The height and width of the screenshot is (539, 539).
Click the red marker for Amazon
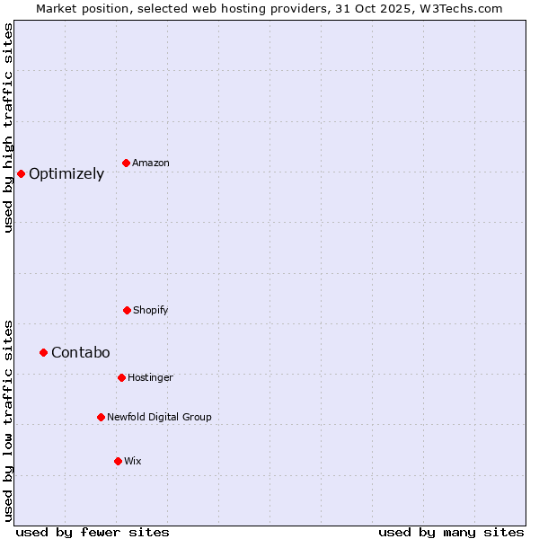[127, 163]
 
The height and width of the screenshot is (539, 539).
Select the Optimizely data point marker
[21, 173]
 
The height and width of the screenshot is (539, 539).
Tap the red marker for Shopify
[127, 310]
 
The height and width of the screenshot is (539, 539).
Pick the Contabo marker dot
[43, 352]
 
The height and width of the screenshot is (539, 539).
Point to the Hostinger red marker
[121, 377]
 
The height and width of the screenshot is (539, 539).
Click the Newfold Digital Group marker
[101, 417]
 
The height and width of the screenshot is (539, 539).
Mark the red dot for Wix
[118, 461]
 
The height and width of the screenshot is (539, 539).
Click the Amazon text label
[151, 163]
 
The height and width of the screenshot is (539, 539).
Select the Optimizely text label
[66, 174]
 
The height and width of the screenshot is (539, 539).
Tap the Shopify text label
[151, 310]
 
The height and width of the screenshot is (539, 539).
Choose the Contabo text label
[81, 352]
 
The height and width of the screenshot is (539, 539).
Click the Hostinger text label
[150, 377]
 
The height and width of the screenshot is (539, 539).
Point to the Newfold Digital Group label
[159, 417]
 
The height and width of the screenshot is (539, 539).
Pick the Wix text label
[133, 461]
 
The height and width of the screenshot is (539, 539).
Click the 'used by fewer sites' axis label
[93, 532]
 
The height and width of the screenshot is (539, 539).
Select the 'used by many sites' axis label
[451, 532]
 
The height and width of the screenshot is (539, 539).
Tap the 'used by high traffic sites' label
[9, 128]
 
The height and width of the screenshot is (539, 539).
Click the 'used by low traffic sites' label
[9, 420]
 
